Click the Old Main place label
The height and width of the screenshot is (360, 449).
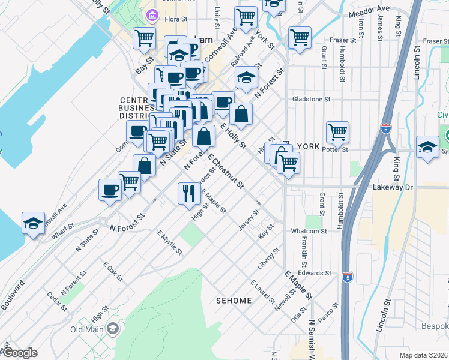coord(86,329)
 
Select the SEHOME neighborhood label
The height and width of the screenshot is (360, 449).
coord(234,300)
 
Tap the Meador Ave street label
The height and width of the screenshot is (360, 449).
coord(367,11)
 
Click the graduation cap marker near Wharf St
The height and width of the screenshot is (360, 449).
coord(32,223)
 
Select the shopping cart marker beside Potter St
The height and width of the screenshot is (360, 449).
coord(338,133)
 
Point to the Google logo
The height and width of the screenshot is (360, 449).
coord(19,353)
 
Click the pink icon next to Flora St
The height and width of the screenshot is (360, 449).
coord(151,14)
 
